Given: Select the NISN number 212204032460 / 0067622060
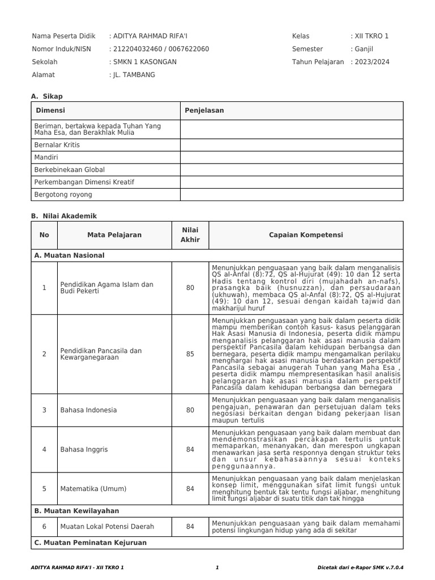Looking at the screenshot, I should tap(161, 49).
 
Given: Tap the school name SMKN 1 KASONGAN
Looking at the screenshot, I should tap(144, 62).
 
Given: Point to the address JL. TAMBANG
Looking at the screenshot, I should tap(134, 75).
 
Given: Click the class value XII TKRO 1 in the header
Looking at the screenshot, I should tap(372, 36).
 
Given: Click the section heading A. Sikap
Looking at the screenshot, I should tap(47, 97).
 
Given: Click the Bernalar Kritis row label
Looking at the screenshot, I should tap(57, 145).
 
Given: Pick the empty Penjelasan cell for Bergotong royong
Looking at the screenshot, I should tap(292, 195).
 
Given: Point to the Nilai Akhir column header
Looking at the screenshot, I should tap(190, 235).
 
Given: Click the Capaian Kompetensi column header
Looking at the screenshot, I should tap(306, 235).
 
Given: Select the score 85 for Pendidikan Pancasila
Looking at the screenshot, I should tap(190, 355).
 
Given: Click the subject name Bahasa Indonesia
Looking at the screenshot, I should tap(88, 410).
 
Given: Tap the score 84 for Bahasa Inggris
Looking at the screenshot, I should tap(190, 450).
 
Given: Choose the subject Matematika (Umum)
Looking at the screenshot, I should tap(93, 489).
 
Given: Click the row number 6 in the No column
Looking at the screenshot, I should tap(44, 527).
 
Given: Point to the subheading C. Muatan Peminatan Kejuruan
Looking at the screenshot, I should tap(91, 543).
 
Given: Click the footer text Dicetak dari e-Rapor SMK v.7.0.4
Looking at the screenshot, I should tap(364, 568).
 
